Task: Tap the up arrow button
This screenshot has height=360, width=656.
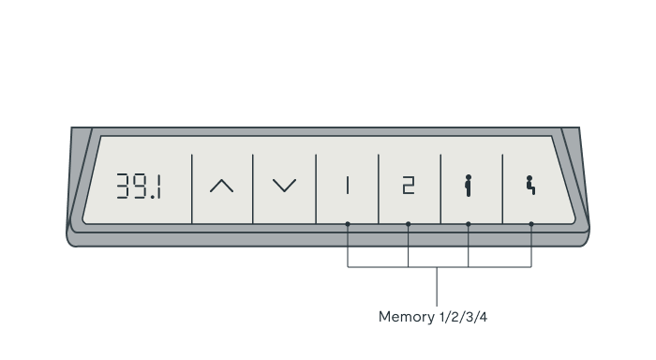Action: [x=222, y=186]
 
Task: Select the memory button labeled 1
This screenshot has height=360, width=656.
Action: [x=348, y=186]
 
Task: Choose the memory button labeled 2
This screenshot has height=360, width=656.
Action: [x=409, y=186]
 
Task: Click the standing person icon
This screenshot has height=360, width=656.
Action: [x=469, y=186]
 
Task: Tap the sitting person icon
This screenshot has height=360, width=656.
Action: [x=530, y=185]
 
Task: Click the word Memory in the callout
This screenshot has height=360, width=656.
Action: [x=401, y=317]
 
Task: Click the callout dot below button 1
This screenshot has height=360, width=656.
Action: [x=348, y=224]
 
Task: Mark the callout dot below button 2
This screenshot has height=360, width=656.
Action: [x=409, y=224]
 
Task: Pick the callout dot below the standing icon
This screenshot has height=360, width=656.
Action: [x=469, y=224]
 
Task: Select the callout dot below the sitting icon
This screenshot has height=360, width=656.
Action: [x=531, y=224]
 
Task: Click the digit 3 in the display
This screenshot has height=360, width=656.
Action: [x=123, y=186]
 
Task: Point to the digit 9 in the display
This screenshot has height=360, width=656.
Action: [x=140, y=186]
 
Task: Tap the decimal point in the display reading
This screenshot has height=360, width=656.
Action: [x=152, y=197]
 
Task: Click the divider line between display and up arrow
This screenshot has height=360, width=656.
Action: [x=191, y=188]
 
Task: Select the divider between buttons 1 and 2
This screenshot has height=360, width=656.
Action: [x=379, y=188]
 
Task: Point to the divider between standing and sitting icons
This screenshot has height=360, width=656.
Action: [x=502, y=188]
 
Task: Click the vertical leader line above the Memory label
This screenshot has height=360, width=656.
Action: [x=437, y=287]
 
